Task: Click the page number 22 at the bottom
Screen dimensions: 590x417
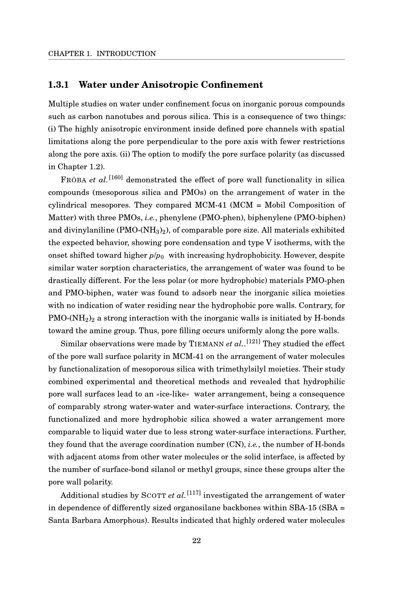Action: pyautogui.click(x=196, y=541)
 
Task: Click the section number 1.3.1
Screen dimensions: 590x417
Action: pyautogui.click(x=58, y=85)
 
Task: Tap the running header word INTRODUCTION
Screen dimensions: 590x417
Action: pyautogui.click(x=126, y=53)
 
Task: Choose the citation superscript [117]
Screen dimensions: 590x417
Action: pyautogui.click(x=194, y=493)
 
